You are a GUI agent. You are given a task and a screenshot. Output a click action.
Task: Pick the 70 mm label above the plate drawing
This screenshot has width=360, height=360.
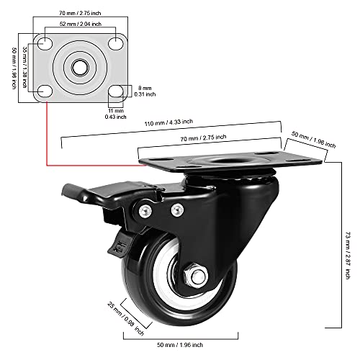(79, 12)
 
